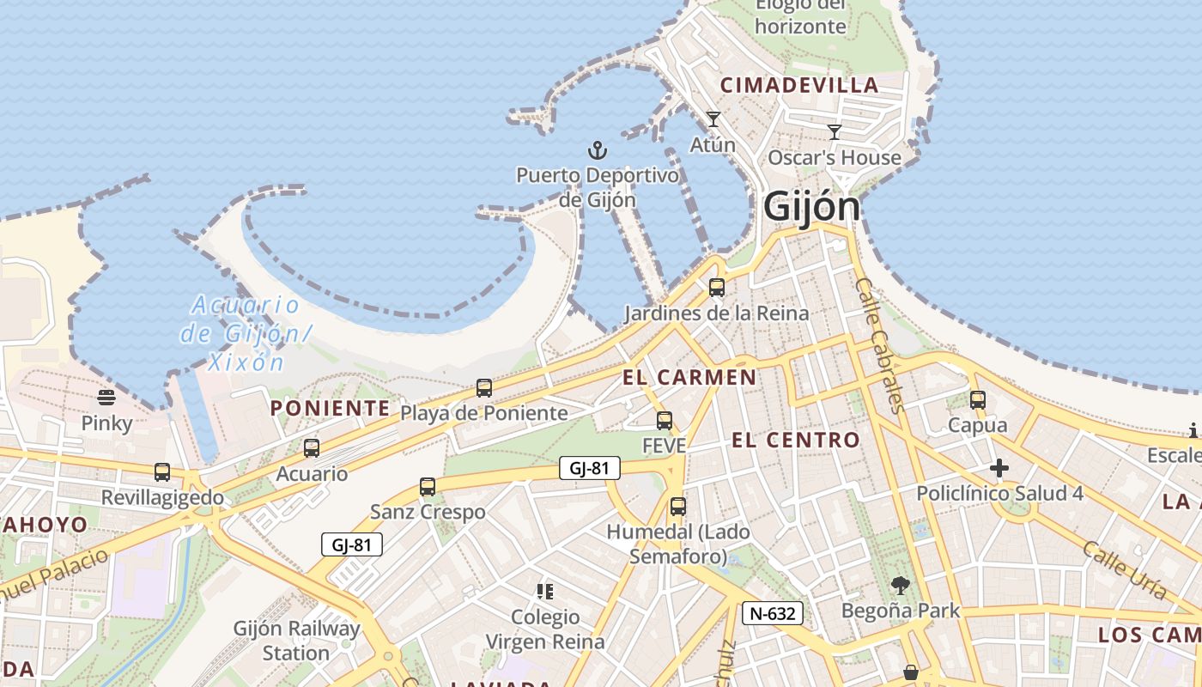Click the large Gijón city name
pos(811,207)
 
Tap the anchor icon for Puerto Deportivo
pos(597,151)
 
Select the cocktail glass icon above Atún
pos(713,119)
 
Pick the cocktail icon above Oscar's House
pos(834,132)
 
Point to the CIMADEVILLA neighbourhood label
pos(799,85)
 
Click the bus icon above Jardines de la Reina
pos(716,288)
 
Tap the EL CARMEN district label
pos(689,377)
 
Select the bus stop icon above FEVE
pos(664,421)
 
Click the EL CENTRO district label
pos(795,441)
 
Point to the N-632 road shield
pos(773,612)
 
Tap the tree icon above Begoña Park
pos(900,586)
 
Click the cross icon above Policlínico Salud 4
pos(999,468)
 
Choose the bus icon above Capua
pos(977,399)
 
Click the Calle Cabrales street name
pos(881,343)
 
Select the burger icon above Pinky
pos(106,397)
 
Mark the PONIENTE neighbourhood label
pos(330,408)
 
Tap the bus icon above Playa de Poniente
pos(483,388)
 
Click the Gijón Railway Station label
pos(296,641)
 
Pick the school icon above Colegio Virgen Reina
pos(544,591)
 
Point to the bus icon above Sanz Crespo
pos(427,487)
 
